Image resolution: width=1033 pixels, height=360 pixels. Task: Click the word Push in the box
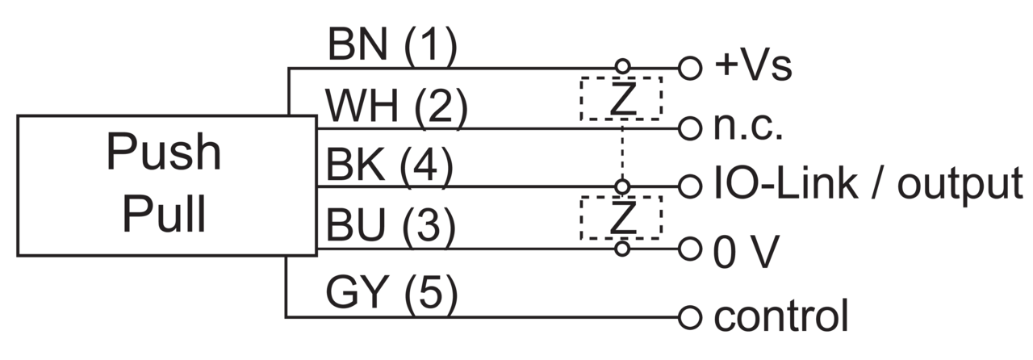164,153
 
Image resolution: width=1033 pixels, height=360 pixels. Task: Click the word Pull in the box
164,214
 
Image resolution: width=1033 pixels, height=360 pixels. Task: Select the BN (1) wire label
392,45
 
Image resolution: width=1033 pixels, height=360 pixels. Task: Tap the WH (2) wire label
396,106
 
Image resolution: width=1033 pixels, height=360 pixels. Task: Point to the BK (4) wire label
390,165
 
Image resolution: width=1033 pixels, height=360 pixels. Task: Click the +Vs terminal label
753,66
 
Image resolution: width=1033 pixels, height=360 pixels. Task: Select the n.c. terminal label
748,128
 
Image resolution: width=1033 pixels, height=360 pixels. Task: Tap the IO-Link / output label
868,185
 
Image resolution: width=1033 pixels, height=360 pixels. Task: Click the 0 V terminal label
747,252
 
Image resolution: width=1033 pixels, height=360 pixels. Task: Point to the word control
781,316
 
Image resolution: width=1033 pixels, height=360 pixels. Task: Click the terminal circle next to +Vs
690,68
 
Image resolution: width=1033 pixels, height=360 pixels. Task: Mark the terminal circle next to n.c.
690,128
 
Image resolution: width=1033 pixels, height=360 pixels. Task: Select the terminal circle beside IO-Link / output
690,187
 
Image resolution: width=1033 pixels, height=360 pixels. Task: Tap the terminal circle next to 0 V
690,249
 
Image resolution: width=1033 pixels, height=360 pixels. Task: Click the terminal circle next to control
690,317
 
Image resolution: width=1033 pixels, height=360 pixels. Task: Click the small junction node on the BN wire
622,66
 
